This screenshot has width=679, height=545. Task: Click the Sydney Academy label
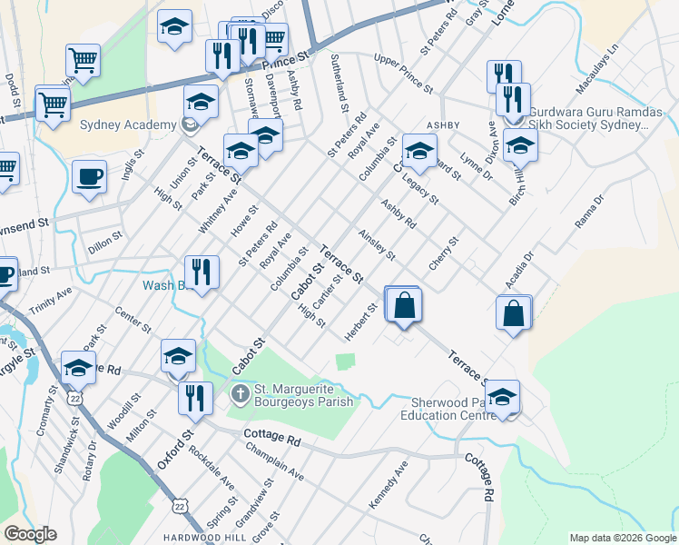[127, 124]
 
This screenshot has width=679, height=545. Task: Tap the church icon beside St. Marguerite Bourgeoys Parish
[240, 393]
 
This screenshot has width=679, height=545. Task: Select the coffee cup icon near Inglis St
[89, 177]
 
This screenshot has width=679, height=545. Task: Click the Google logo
[30, 534]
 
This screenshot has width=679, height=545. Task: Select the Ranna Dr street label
[590, 211]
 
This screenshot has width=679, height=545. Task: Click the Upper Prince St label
[403, 73]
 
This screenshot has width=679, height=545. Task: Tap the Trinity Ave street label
[51, 301]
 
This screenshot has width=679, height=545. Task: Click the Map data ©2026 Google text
[622, 538]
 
